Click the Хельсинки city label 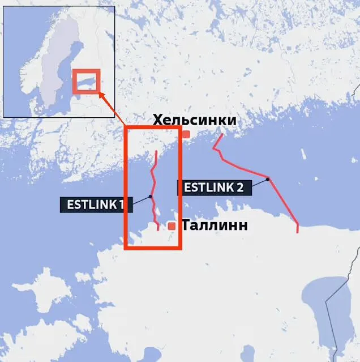click(195, 120)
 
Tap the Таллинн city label click(215, 225)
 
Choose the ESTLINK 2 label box click(215, 188)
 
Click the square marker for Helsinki click(186, 134)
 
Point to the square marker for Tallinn click(172, 226)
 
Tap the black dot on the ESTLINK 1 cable click(151, 196)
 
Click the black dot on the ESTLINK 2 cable click(268, 179)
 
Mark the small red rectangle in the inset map click(86, 81)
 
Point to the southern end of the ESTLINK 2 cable click(298, 232)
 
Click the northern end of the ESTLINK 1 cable click(156, 151)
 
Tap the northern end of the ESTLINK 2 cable click(221, 135)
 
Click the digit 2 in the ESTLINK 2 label click(241, 188)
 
